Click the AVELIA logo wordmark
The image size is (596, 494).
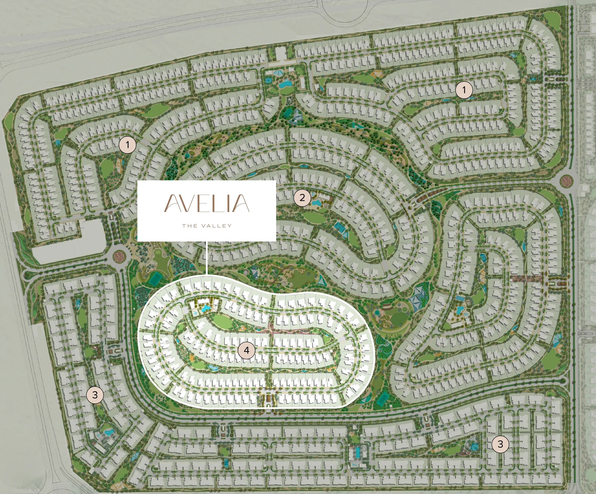207,203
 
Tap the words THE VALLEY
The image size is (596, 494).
207,226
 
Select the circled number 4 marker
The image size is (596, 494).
246,350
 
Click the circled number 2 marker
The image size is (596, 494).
302,197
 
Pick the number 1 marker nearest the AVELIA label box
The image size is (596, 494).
127,145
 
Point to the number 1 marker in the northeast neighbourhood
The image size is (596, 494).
464,90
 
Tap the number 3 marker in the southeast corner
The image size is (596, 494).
500,444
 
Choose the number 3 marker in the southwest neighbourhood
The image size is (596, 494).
95,394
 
